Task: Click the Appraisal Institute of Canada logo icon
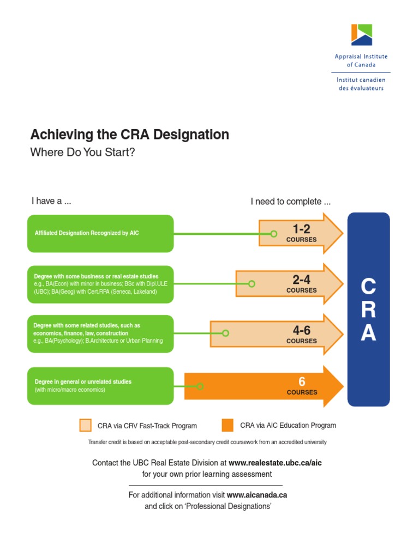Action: tap(361, 35)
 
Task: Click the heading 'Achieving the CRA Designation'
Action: tap(129, 135)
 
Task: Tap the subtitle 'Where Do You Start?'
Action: tap(82, 152)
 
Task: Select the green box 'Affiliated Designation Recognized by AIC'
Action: tap(100, 233)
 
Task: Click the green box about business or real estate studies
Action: tap(100, 284)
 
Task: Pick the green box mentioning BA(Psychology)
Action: tap(100, 333)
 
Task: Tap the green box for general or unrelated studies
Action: tap(100, 386)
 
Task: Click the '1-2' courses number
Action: tap(301, 229)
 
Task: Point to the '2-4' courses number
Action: tap(301, 280)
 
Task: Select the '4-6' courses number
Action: tap(301, 330)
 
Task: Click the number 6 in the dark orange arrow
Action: tap(302, 381)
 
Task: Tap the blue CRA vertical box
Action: tap(369, 310)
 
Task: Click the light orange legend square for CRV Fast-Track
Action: tap(86, 425)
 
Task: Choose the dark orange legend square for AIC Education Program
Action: tap(228, 425)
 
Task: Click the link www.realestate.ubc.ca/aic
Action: tap(275, 463)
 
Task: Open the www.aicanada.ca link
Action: tap(256, 495)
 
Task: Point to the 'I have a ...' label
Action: tap(51, 201)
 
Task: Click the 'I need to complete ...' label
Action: tap(290, 202)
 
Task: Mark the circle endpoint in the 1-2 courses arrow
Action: tap(274, 234)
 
